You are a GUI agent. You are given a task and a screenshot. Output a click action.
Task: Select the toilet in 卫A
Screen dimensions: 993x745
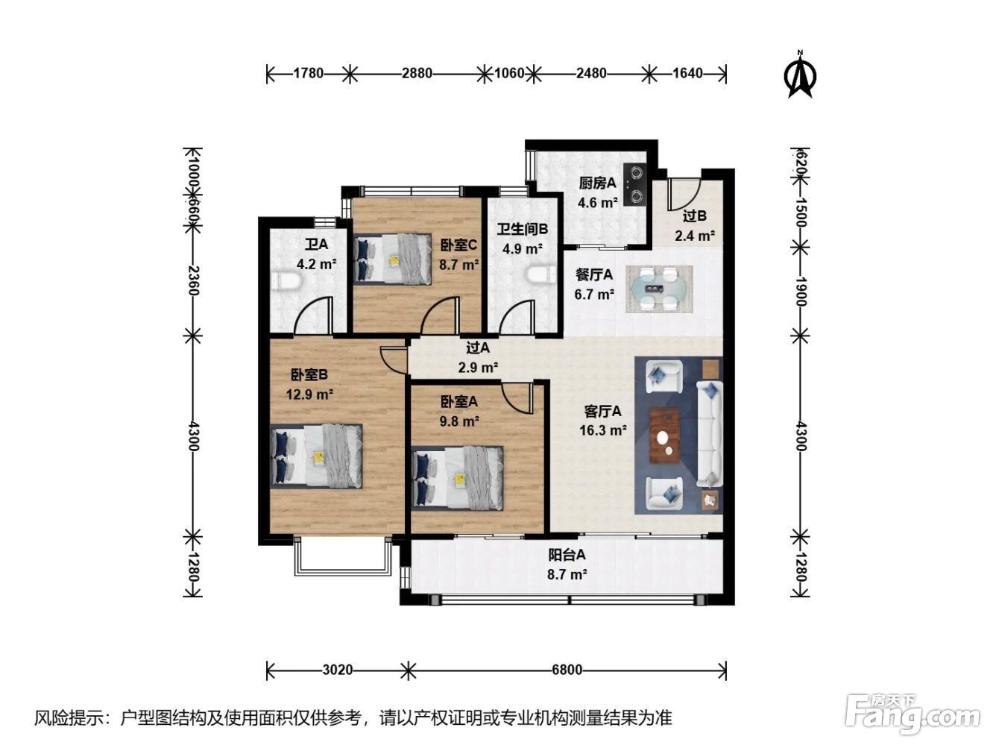pyautogui.click(x=287, y=280)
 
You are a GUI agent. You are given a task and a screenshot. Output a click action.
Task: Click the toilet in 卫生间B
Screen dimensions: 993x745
pyautogui.click(x=542, y=275)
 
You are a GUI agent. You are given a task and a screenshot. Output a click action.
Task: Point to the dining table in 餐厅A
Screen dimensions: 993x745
pyautogui.click(x=659, y=289)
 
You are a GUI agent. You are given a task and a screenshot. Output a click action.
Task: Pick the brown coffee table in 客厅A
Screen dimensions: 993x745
pyautogui.click(x=664, y=436)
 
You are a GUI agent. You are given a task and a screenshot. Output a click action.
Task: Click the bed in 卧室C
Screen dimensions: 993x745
pyautogui.click(x=392, y=259)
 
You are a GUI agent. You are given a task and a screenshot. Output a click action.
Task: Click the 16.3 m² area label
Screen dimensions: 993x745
pyautogui.click(x=603, y=430)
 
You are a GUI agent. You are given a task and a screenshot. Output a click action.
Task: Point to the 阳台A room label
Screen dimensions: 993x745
pyautogui.click(x=567, y=555)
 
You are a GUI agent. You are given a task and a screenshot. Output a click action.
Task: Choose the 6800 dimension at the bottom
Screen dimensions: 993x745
pyautogui.click(x=567, y=670)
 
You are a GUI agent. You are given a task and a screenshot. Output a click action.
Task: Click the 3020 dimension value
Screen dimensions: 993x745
pyautogui.click(x=338, y=670)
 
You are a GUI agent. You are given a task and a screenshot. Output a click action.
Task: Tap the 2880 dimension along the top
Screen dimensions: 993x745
pyautogui.click(x=417, y=73)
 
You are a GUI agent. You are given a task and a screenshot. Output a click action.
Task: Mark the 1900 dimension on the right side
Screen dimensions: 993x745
pyautogui.click(x=801, y=292)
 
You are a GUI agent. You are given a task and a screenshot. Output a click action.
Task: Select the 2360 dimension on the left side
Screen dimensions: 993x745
pyautogui.click(x=194, y=280)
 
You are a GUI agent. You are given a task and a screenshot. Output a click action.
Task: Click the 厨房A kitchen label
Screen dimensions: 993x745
pyautogui.click(x=597, y=183)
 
